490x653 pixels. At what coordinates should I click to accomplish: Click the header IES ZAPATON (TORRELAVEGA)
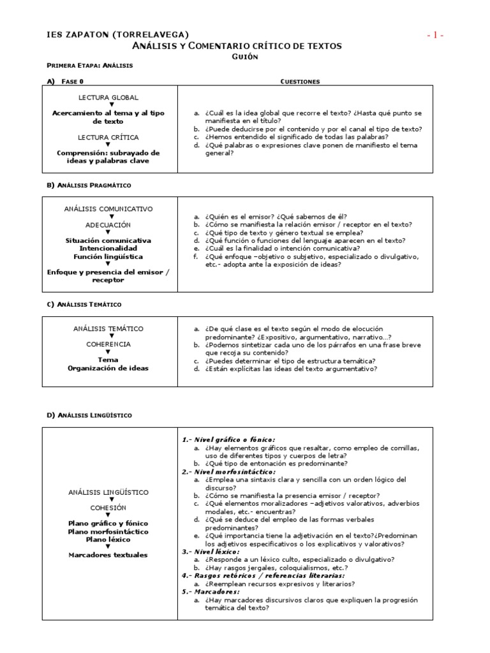(118, 34)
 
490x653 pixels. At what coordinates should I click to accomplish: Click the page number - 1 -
(435, 35)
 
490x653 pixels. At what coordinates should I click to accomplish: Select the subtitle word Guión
(245, 57)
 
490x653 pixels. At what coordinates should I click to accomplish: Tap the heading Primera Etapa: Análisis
(90, 66)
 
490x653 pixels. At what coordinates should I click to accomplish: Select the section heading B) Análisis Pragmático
(89, 185)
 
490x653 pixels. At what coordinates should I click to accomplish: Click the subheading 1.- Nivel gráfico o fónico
(228, 439)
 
